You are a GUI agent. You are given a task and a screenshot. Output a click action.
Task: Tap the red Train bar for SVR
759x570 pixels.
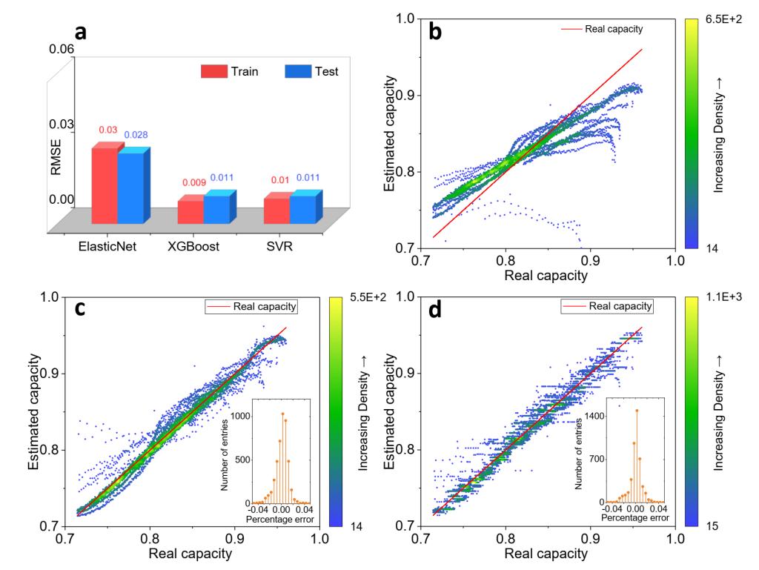276,211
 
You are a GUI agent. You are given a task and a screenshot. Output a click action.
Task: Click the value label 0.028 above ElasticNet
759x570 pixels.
136,134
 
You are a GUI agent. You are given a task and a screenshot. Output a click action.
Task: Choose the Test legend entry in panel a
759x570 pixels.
311,71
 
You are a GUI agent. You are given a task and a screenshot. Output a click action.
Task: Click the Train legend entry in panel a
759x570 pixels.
228,71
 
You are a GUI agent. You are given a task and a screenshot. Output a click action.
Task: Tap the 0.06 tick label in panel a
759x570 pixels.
61,49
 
